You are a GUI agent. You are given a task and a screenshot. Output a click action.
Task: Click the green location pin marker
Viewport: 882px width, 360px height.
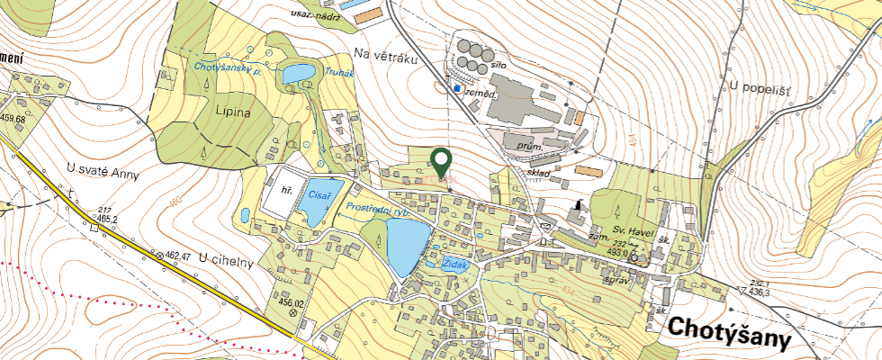pos(441,162)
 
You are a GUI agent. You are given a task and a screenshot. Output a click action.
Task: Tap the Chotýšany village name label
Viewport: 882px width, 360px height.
pos(728,333)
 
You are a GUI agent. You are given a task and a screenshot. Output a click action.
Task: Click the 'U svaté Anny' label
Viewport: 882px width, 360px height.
pos(103,172)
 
